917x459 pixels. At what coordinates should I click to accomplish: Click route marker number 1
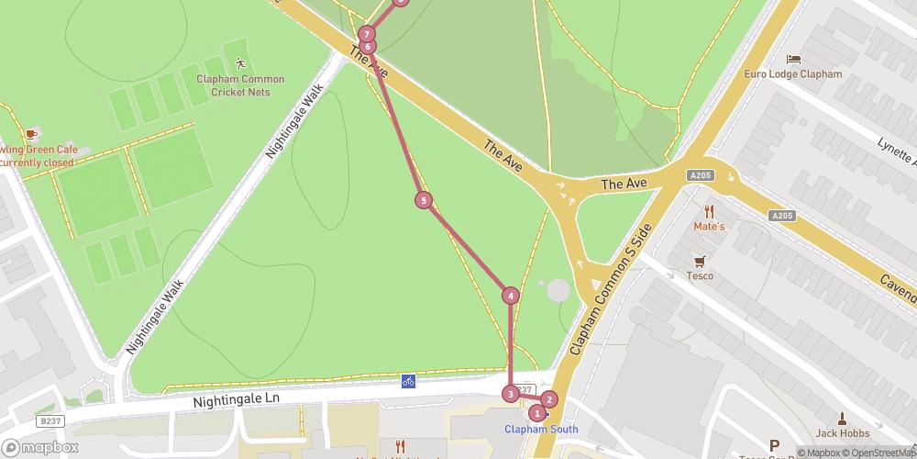tap(537, 413)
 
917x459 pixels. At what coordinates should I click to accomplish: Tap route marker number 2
tap(548, 399)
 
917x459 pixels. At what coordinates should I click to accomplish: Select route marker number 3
tap(511, 394)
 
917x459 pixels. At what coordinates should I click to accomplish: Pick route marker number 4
tap(511, 296)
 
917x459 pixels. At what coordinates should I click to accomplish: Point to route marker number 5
tap(423, 200)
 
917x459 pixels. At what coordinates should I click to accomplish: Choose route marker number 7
tap(367, 34)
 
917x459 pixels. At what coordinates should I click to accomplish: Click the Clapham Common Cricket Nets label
tap(240, 85)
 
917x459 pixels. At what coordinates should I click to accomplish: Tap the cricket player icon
tap(240, 63)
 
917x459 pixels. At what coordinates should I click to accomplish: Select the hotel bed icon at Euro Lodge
tap(792, 59)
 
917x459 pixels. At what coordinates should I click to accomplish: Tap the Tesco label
tap(701, 275)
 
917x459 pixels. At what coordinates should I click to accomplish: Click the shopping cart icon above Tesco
tap(701, 261)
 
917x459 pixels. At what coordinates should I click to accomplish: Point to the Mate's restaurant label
tap(709, 226)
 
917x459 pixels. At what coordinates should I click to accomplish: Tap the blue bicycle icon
tap(408, 381)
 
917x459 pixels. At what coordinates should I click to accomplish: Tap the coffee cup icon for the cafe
tap(31, 134)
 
